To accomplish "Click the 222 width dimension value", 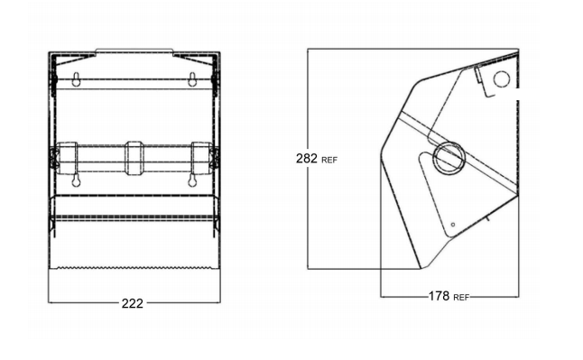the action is (133, 303).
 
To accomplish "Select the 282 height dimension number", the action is (307, 159).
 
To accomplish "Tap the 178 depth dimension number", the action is (440, 296).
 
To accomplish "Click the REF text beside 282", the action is (329, 161).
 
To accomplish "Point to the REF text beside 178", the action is (461, 298).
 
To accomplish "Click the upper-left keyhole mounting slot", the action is (76, 79).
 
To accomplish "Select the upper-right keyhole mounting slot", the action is (192, 79).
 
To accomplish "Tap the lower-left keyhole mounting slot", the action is (76, 180).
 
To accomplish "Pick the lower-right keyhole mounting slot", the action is (192, 180).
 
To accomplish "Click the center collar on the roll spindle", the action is (134, 158).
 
